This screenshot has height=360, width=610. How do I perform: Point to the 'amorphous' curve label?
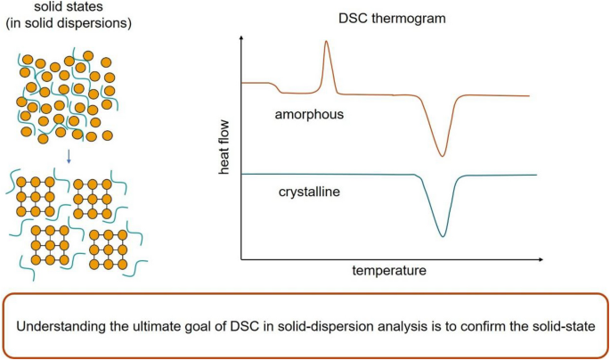tap(309, 115)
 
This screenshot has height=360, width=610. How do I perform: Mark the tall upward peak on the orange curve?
tap(327, 43)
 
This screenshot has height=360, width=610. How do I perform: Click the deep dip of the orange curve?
tap(443, 156)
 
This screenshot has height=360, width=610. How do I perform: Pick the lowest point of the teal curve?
tap(443, 235)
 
